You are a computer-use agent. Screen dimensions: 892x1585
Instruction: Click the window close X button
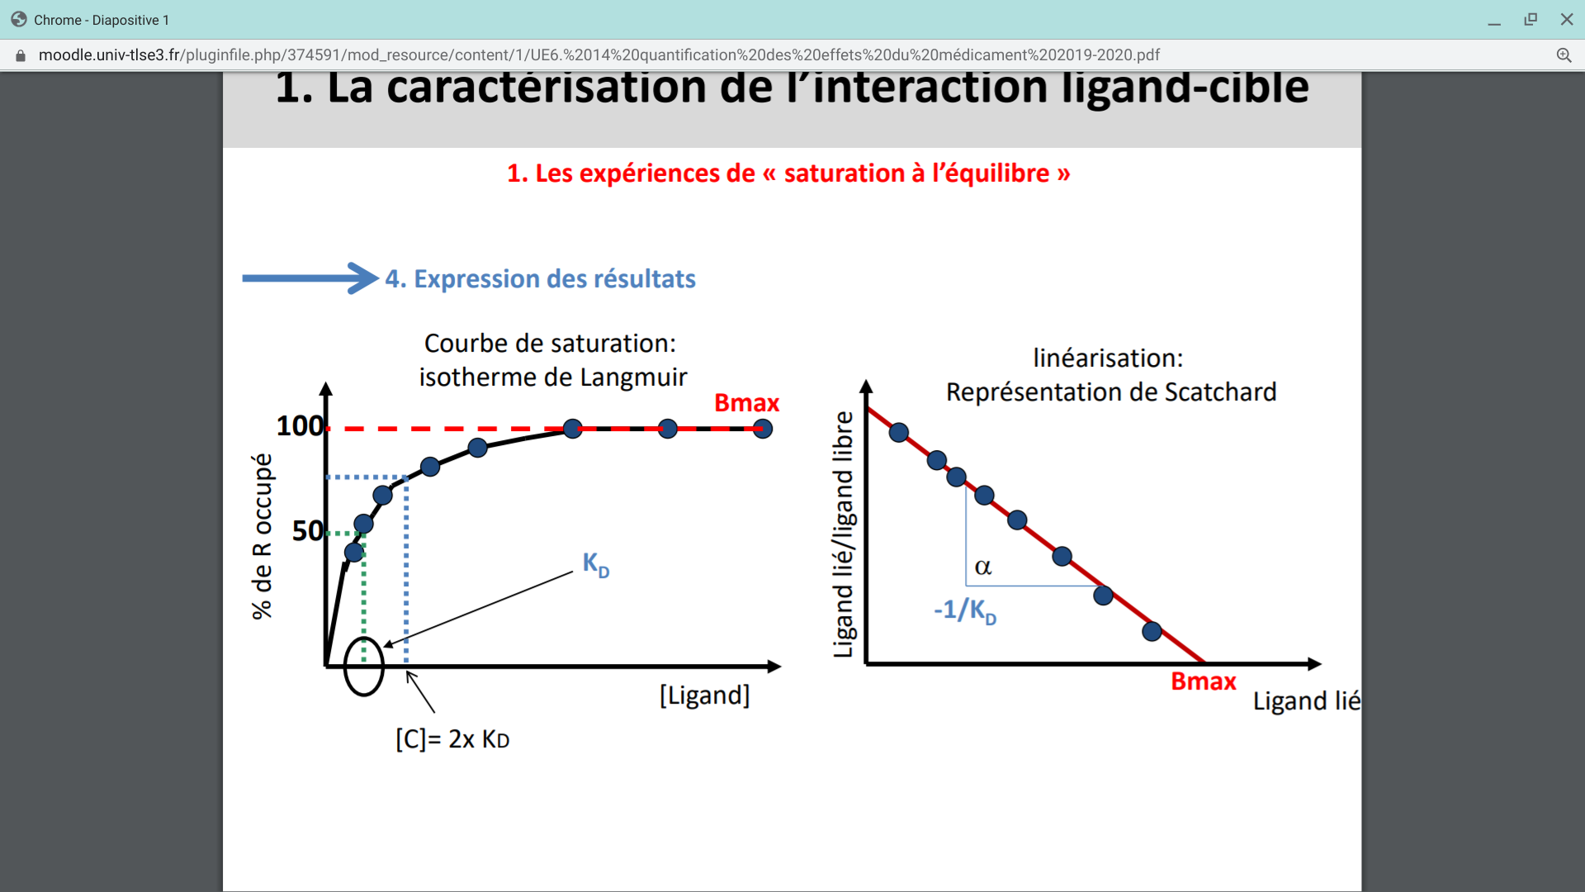pyautogui.click(x=1566, y=19)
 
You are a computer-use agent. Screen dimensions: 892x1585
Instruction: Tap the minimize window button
pyautogui.click(x=1494, y=20)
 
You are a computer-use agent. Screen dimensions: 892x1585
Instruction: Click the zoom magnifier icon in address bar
pyautogui.click(x=1564, y=55)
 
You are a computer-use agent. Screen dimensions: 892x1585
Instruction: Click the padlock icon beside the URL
pyautogui.click(x=21, y=55)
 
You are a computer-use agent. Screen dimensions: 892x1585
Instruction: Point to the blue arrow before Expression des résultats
pyautogui.click(x=310, y=278)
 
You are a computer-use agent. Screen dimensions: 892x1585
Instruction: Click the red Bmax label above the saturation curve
pyautogui.click(x=746, y=403)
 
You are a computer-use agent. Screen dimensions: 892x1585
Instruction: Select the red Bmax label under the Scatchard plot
pyautogui.click(x=1203, y=681)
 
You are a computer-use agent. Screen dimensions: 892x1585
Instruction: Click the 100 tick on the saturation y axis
pyautogui.click(x=299, y=426)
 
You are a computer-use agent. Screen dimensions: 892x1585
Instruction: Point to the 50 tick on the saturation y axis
pyautogui.click(x=307, y=530)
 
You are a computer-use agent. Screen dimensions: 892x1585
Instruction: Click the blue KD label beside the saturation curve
pyautogui.click(x=595, y=565)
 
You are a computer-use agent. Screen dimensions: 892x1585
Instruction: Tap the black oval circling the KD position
pyautogui.click(x=364, y=666)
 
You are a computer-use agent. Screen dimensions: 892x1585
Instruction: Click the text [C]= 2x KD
pyautogui.click(x=452, y=739)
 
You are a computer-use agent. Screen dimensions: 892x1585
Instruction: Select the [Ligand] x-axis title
pyautogui.click(x=704, y=695)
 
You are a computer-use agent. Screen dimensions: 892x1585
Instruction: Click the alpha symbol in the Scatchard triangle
pyautogui.click(x=982, y=567)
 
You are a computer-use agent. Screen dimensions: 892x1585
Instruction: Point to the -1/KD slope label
pyautogui.click(x=965, y=611)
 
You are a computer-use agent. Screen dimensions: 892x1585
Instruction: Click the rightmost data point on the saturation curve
pyautogui.click(x=763, y=429)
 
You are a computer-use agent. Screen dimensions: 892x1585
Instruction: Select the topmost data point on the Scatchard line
pyautogui.click(x=899, y=432)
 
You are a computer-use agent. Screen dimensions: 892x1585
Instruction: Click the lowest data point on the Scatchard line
pyautogui.click(x=1152, y=632)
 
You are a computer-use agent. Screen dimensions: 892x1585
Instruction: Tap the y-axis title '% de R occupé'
pyautogui.click(x=262, y=536)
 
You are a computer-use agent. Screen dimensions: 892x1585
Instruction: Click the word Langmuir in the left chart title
pyautogui.click(x=634, y=377)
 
